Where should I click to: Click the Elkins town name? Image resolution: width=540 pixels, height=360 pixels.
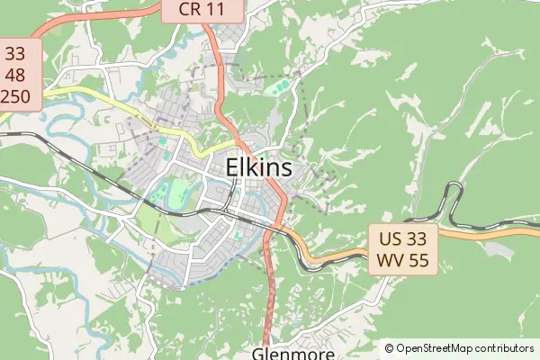(259, 167)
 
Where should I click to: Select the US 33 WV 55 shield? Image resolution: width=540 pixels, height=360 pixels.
(402, 249)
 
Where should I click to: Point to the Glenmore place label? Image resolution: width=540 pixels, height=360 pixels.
(292, 354)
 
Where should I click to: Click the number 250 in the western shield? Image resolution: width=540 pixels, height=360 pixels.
(18, 94)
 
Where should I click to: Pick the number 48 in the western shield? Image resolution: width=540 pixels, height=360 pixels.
(18, 74)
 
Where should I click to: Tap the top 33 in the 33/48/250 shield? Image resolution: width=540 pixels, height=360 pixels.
(18, 53)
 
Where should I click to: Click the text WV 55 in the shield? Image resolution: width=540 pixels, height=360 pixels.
(402, 261)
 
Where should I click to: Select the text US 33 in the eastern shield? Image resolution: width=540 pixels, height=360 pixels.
(402, 238)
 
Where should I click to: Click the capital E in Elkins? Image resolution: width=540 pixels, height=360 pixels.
(233, 167)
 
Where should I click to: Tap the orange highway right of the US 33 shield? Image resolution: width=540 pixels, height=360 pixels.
(477, 237)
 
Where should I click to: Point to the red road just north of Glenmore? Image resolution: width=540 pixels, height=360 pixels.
(271, 306)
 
